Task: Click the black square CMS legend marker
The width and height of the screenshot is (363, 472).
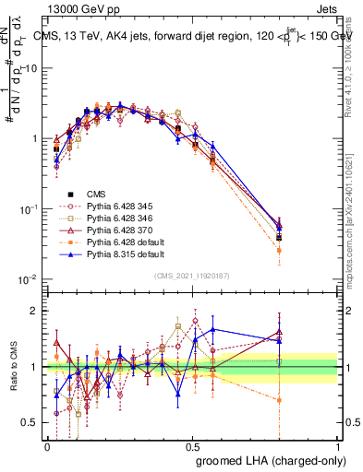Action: tap(71, 194)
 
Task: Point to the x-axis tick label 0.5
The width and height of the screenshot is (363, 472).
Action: tap(192, 446)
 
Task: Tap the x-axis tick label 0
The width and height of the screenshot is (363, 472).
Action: tap(47, 446)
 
